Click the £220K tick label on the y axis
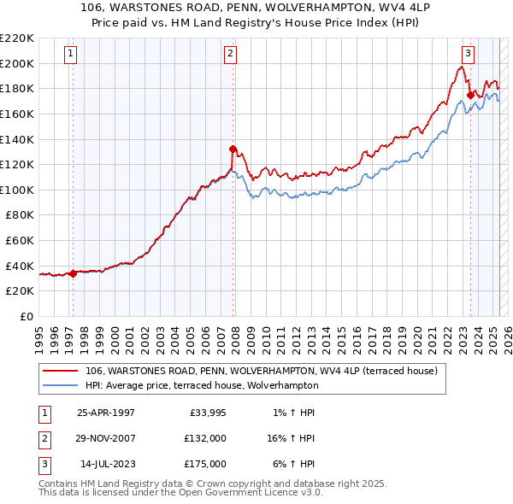click(x=17, y=38)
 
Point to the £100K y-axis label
click(x=17, y=190)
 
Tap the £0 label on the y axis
click(x=27, y=316)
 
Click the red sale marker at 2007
click(x=233, y=149)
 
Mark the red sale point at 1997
click(x=74, y=273)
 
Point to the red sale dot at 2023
click(x=470, y=94)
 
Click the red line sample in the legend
click(x=61, y=372)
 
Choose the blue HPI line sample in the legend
click(x=61, y=386)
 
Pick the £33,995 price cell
click(x=205, y=413)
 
